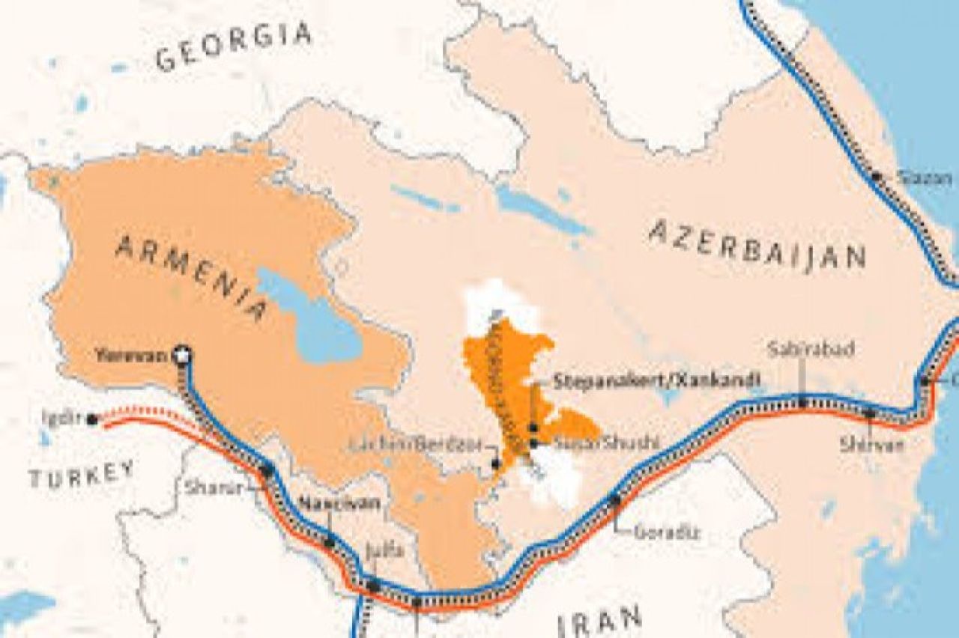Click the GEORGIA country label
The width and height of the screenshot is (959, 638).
coord(233,46)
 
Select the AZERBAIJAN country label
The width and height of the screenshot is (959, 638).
coord(757,243)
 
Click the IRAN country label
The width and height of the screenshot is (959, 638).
coord(599,622)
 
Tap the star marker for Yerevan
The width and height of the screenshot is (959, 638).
coord(181,355)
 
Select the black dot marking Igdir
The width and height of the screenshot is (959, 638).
coord(91,419)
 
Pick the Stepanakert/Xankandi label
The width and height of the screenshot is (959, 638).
coord(657,380)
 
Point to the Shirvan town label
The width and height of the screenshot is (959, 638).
coord(871,445)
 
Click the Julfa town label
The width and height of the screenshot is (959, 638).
coord(384,551)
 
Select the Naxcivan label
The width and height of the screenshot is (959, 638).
coord(339,502)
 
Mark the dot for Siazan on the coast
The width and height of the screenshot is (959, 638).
coord(875,177)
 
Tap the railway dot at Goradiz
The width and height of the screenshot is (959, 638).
coord(614,499)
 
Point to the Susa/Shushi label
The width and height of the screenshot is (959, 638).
coord(607,443)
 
